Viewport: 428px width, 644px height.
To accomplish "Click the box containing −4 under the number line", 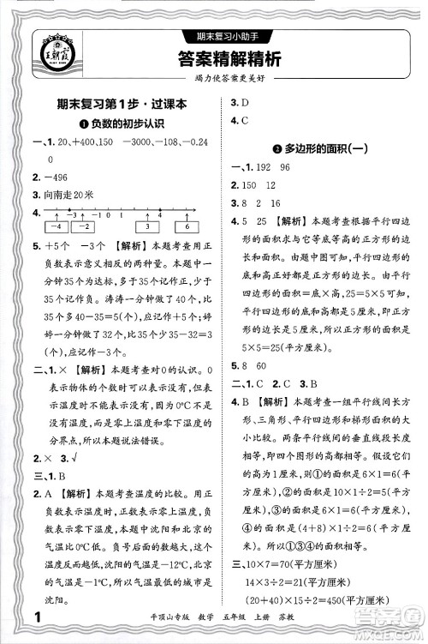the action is point(56,227).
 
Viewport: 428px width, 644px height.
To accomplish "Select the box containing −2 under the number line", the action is point(86,227).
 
